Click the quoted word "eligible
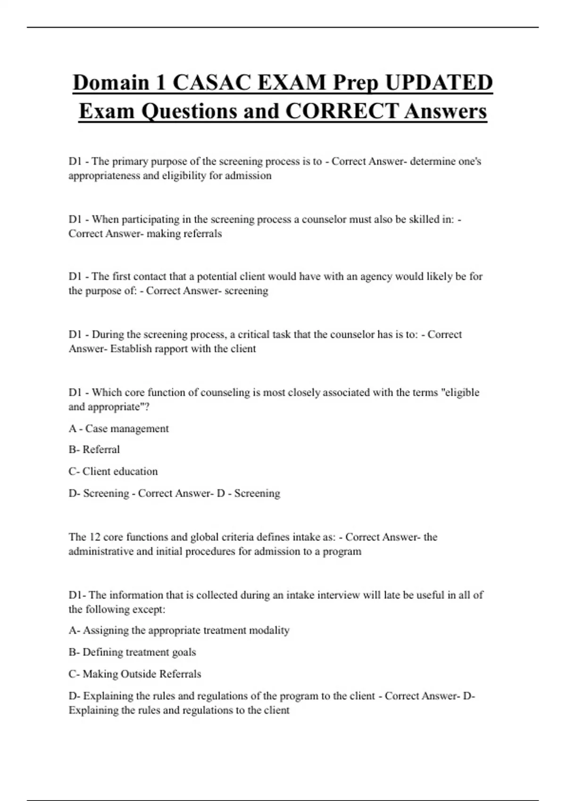459,392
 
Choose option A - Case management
118,429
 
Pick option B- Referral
94,450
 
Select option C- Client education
113,472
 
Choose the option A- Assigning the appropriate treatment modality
179,630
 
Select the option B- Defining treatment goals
132,653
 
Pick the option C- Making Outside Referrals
135,674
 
